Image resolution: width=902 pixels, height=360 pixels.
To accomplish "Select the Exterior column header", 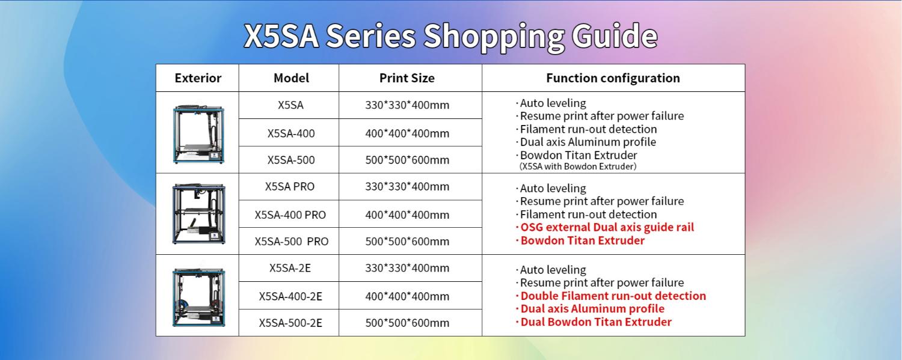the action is pyautogui.click(x=198, y=78).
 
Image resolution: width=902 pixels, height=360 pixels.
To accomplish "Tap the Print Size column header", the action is pyautogui.click(x=407, y=78).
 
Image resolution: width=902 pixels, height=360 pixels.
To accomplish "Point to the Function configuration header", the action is pyautogui.click(x=613, y=78).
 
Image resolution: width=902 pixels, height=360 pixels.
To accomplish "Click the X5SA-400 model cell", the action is pyautogui.click(x=290, y=133).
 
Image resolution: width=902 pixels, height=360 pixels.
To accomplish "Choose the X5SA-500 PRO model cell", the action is pyautogui.click(x=291, y=242).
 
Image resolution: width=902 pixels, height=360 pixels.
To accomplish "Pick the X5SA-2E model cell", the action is pyautogui.click(x=290, y=268).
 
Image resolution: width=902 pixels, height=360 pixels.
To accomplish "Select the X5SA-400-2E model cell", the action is pyautogui.click(x=290, y=296).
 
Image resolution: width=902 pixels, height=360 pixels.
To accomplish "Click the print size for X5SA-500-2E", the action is pyautogui.click(x=407, y=323).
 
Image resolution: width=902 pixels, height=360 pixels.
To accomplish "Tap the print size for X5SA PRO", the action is pyautogui.click(x=407, y=187).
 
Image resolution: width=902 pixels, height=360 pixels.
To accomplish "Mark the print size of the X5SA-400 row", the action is pyautogui.click(x=407, y=133).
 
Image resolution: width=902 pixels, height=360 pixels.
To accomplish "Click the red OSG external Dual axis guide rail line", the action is pyautogui.click(x=605, y=227).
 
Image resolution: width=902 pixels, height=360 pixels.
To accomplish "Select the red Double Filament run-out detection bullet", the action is pyautogui.click(x=611, y=296).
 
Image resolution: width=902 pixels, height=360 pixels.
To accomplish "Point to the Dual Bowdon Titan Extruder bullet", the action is pyautogui.click(x=594, y=322).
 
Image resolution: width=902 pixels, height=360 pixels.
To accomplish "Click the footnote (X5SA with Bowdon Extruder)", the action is pyautogui.click(x=578, y=166).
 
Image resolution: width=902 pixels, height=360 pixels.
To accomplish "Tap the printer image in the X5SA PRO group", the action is pyautogui.click(x=199, y=213).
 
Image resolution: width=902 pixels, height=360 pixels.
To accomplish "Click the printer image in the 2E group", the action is pyautogui.click(x=199, y=297).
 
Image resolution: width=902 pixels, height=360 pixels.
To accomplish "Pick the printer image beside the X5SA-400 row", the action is pyautogui.click(x=198, y=133).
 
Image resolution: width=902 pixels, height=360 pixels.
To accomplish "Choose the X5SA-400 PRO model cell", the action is pyautogui.click(x=290, y=215).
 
